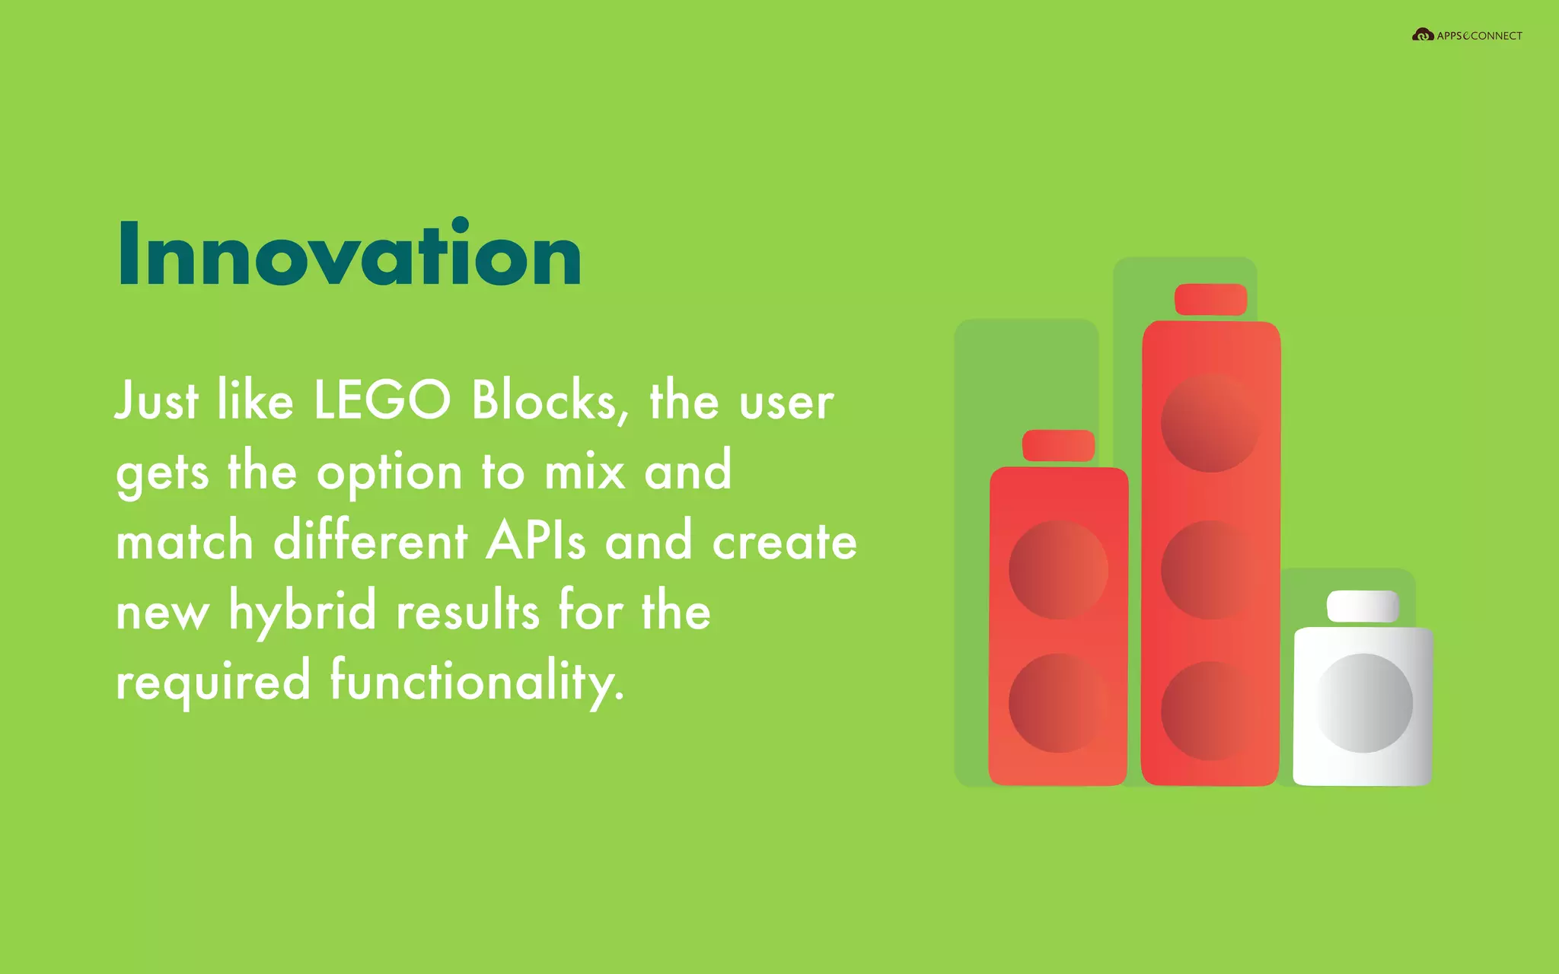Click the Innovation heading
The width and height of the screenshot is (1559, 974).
[349, 255]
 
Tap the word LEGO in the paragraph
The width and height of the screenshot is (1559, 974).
[382, 400]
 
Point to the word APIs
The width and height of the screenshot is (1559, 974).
[536, 541]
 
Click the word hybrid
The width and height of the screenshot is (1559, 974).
[303, 611]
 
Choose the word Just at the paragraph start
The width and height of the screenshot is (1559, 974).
[157, 400]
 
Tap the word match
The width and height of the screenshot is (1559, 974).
[185, 541]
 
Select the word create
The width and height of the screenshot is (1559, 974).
[784, 541]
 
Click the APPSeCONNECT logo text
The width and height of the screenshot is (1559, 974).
[1479, 36]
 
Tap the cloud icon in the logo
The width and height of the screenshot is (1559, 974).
[1422, 35]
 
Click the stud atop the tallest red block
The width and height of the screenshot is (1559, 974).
[1210, 299]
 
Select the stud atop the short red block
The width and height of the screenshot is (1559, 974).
[1058, 445]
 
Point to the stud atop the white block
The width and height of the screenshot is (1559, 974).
[1363, 606]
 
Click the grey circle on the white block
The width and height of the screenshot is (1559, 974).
[1363, 703]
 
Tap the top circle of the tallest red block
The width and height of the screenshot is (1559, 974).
[1210, 423]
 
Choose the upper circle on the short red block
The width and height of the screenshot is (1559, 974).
[1058, 569]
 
